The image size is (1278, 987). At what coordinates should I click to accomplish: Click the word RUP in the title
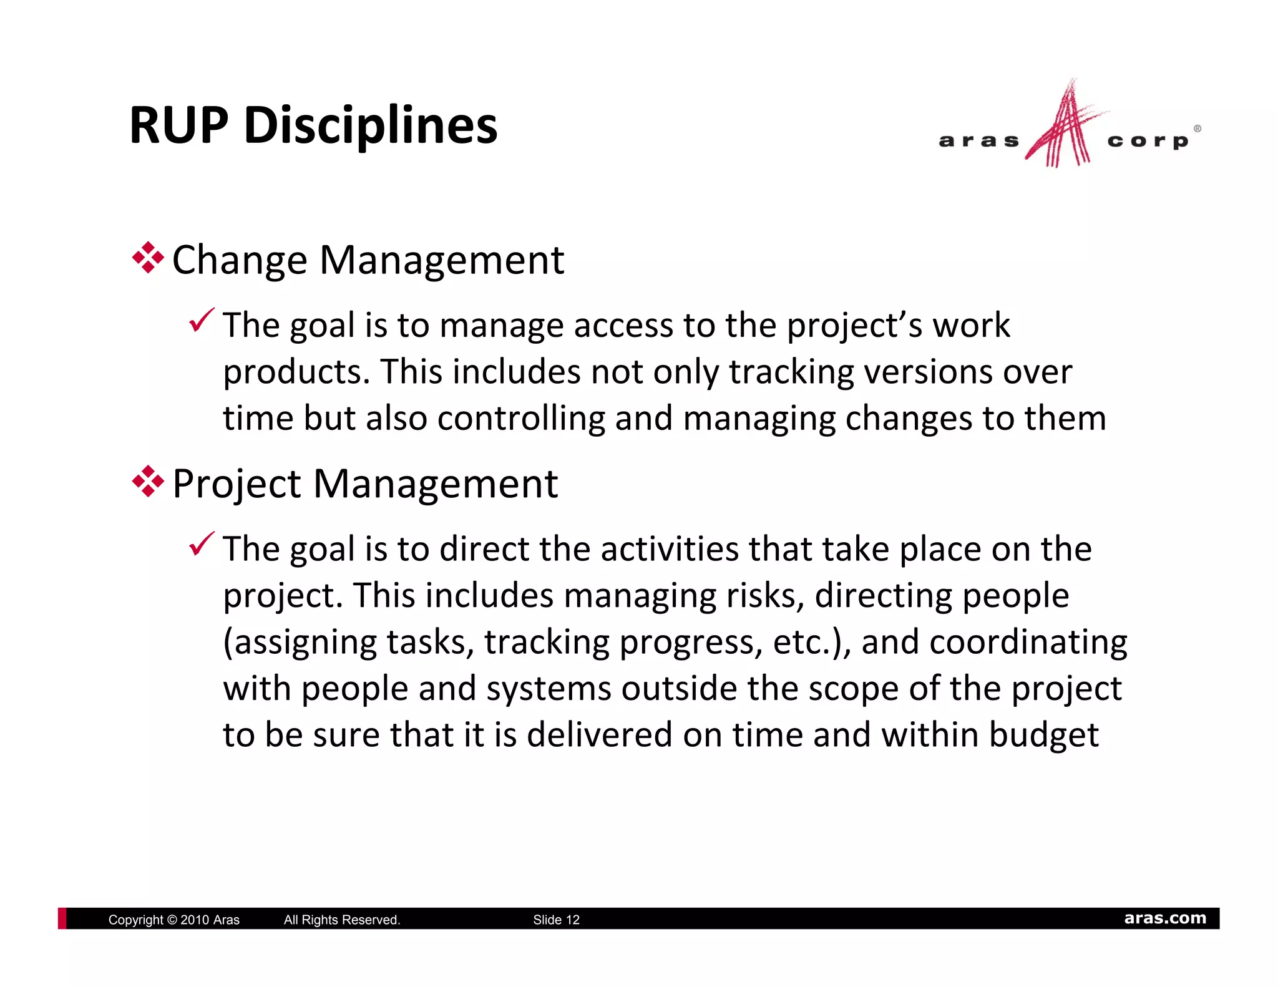tap(179, 125)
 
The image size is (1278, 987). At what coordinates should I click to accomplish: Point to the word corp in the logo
tap(1148, 142)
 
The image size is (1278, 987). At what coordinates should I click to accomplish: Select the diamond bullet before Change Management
tap(148, 257)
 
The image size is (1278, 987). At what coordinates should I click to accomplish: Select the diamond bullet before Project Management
tap(148, 481)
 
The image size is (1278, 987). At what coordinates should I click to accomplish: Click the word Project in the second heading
tap(237, 484)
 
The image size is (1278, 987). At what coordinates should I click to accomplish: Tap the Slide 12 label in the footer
tap(556, 920)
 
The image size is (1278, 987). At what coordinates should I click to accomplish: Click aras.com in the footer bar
tap(1164, 918)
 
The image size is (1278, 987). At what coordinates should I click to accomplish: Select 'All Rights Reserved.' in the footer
tap(342, 920)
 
